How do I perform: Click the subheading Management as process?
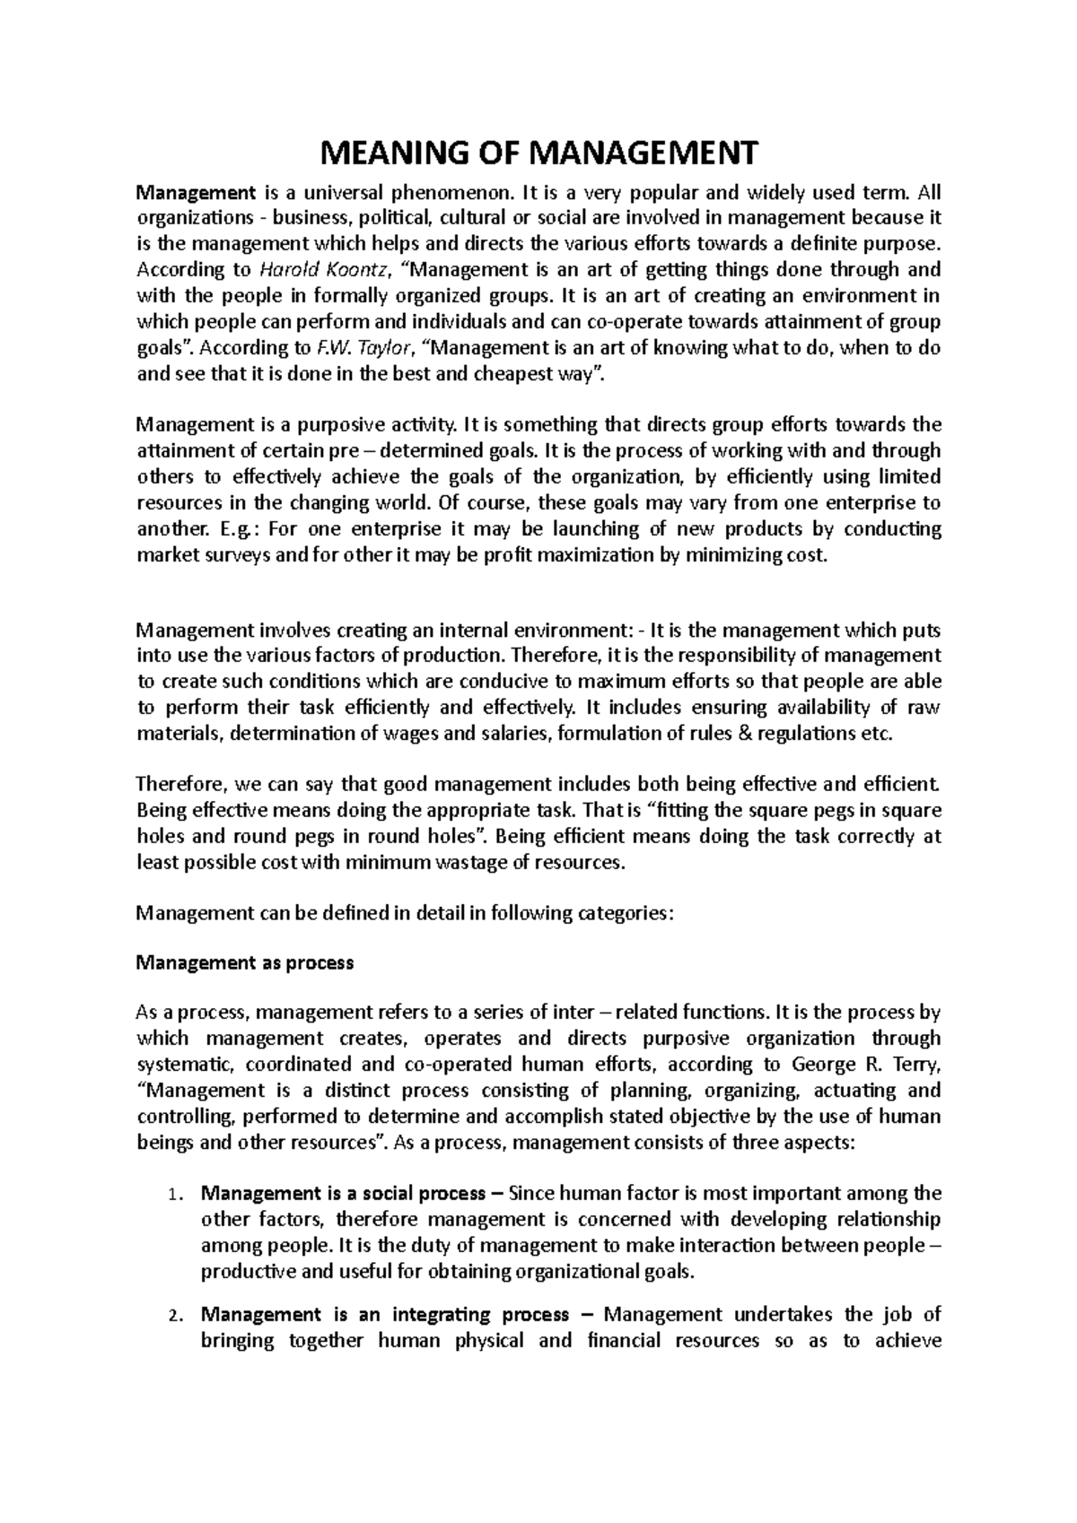tap(244, 963)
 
